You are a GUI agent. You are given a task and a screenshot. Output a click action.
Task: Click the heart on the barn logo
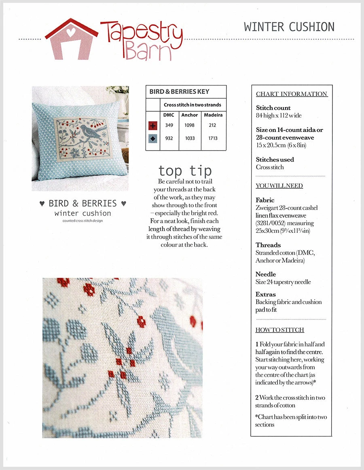[71, 32]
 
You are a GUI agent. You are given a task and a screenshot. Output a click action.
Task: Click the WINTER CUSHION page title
[289, 27]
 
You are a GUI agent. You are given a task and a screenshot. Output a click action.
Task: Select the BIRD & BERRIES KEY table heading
[180, 91]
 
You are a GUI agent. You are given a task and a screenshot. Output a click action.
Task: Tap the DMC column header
[169, 115]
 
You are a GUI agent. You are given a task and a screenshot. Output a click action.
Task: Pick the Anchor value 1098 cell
[190, 125]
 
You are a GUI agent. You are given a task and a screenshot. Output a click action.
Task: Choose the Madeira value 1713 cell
[213, 138]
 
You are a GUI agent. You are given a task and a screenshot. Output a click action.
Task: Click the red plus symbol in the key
[153, 125]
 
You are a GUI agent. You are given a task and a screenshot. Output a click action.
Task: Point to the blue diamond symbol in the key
[153, 138]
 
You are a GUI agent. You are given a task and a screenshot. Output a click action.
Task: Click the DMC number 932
[169, 138]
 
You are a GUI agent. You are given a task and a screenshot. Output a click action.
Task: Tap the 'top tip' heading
[184, 170]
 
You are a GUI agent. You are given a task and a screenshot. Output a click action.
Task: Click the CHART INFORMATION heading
[292, 94]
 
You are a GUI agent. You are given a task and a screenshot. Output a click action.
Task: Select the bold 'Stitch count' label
[273, 108]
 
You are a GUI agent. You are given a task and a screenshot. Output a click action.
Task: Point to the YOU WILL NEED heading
[279, 186]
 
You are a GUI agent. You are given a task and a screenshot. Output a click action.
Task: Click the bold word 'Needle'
[266, 274]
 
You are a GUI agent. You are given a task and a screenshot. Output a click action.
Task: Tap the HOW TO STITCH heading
[280, 330]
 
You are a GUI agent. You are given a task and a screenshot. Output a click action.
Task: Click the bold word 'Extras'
[266, 294]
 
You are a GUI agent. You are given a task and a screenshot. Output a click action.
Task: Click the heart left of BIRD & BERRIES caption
[42, 204]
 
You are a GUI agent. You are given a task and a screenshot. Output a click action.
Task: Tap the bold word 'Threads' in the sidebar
[268, 245]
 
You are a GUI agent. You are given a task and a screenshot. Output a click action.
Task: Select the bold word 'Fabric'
[265, 200]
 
